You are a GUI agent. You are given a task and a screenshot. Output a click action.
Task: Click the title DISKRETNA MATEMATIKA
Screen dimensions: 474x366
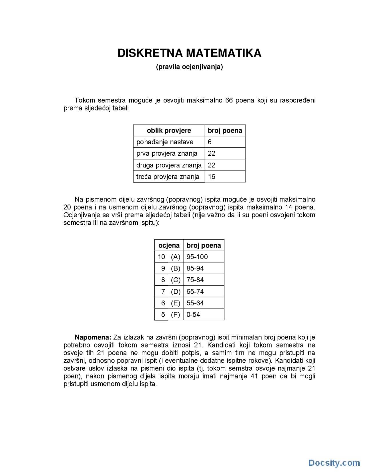[189, 53]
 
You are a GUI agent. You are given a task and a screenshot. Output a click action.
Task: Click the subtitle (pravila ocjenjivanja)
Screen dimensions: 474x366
[189, 67]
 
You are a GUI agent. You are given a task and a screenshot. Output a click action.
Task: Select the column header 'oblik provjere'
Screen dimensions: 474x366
[169, 131]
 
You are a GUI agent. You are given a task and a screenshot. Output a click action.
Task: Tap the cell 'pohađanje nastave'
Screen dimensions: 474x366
[165, 142]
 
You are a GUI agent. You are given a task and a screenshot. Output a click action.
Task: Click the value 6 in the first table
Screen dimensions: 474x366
[210, 142]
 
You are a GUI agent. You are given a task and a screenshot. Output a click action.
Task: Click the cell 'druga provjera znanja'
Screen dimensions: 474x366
[169, 165]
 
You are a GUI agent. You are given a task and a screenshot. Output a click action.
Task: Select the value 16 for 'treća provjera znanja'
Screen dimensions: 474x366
[212, 177]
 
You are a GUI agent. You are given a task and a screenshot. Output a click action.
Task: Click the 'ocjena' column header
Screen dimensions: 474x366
[169, 245]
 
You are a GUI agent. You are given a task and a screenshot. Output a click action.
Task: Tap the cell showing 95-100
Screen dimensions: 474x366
[197, 257]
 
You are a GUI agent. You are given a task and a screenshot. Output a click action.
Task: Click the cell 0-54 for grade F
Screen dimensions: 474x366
[193, 314]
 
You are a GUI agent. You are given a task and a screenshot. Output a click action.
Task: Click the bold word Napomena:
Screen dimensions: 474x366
[93, 337]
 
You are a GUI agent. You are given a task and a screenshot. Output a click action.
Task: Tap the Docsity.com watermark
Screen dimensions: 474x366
[334, 463]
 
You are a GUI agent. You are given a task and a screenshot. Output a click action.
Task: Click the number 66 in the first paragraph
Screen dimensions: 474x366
[229, 100]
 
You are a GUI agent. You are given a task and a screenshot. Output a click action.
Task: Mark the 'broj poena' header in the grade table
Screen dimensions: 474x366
[204, 245]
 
